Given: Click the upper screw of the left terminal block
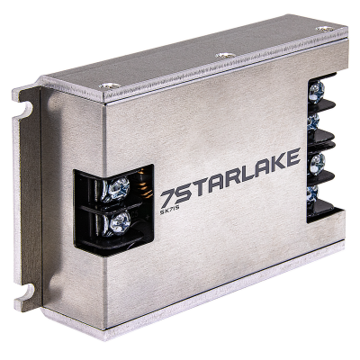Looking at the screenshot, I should pos(118,189).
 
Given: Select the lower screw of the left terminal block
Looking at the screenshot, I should pos(118,221).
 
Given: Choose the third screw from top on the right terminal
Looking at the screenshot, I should pos(316,163).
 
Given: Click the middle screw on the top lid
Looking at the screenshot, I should pos(221,55).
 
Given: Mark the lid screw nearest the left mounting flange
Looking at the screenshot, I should pos(109,85).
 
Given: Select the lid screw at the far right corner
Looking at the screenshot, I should pos(323,29).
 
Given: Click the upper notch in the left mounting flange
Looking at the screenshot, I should pos(26,109).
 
